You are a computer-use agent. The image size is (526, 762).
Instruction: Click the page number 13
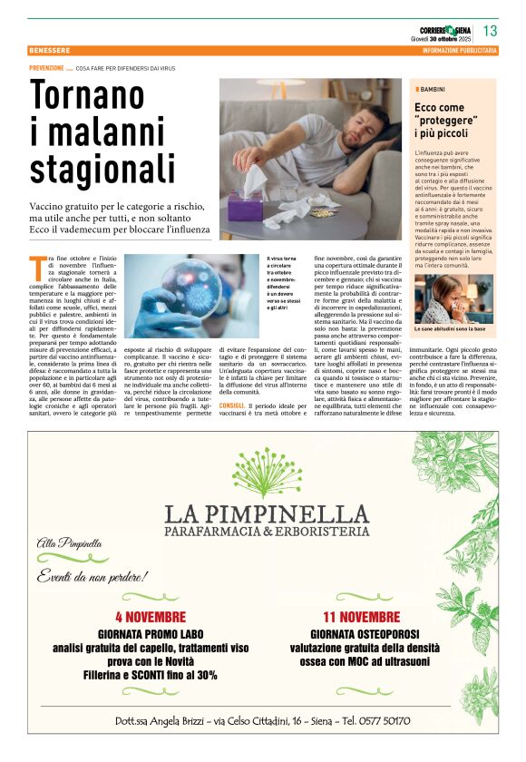click(x=490, y=33)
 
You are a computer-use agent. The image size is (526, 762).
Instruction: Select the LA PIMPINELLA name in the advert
click(x=267, y=513)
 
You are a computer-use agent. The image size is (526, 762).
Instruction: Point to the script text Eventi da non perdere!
click(x=92, y=576)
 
